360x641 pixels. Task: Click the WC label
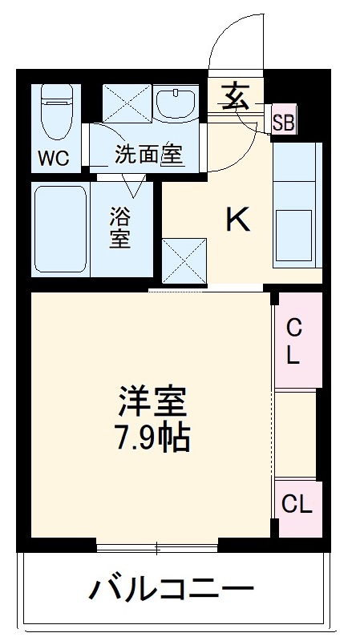[x=54, y=158]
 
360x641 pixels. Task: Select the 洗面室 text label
[x=149, y=155]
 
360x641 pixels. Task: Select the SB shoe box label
[x=283, y=123]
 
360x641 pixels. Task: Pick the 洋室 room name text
[x=152, y=400]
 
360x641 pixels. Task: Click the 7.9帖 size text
[x=152, y=437]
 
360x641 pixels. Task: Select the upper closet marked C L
[x=294, y=341]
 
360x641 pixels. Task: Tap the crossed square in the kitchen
[x=184, y=260]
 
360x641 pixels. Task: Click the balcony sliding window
[x=156, y=549]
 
